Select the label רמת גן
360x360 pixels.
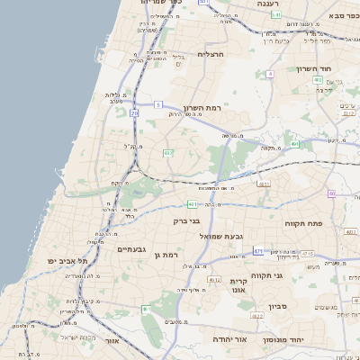[x=168, y=256]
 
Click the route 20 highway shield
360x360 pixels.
[x=134, y=113]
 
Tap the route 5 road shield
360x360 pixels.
[x=158, y=105]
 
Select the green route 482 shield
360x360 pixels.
[x=168, y=154]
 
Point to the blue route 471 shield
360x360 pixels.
[x=258, y=251]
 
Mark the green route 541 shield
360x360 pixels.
[x=275, y=14]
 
